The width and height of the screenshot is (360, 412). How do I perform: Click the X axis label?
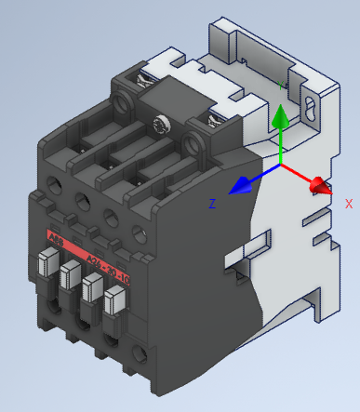point(349,203)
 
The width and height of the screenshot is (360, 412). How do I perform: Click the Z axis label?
point(213,203)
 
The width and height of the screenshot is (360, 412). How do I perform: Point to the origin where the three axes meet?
point(281,166)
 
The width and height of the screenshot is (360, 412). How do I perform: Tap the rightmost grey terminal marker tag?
point(113,302)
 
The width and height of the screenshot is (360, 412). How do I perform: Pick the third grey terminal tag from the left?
point(91,288)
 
